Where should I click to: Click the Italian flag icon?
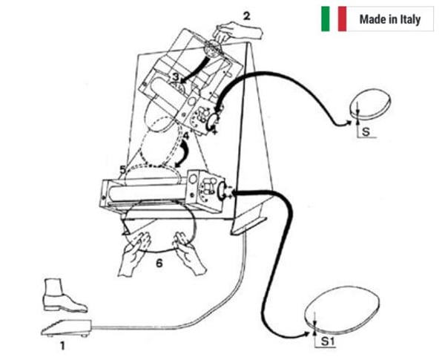coord(333,19)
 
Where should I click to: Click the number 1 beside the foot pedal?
coord(62,345)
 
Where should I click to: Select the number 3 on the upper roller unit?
coord(173,77)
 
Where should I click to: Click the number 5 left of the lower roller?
coord(122,170)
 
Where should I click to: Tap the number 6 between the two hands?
coord(158,261)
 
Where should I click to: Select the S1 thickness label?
coord(327,341)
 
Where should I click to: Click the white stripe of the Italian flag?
coord(333,19)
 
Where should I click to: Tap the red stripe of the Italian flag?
coord(342,19)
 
